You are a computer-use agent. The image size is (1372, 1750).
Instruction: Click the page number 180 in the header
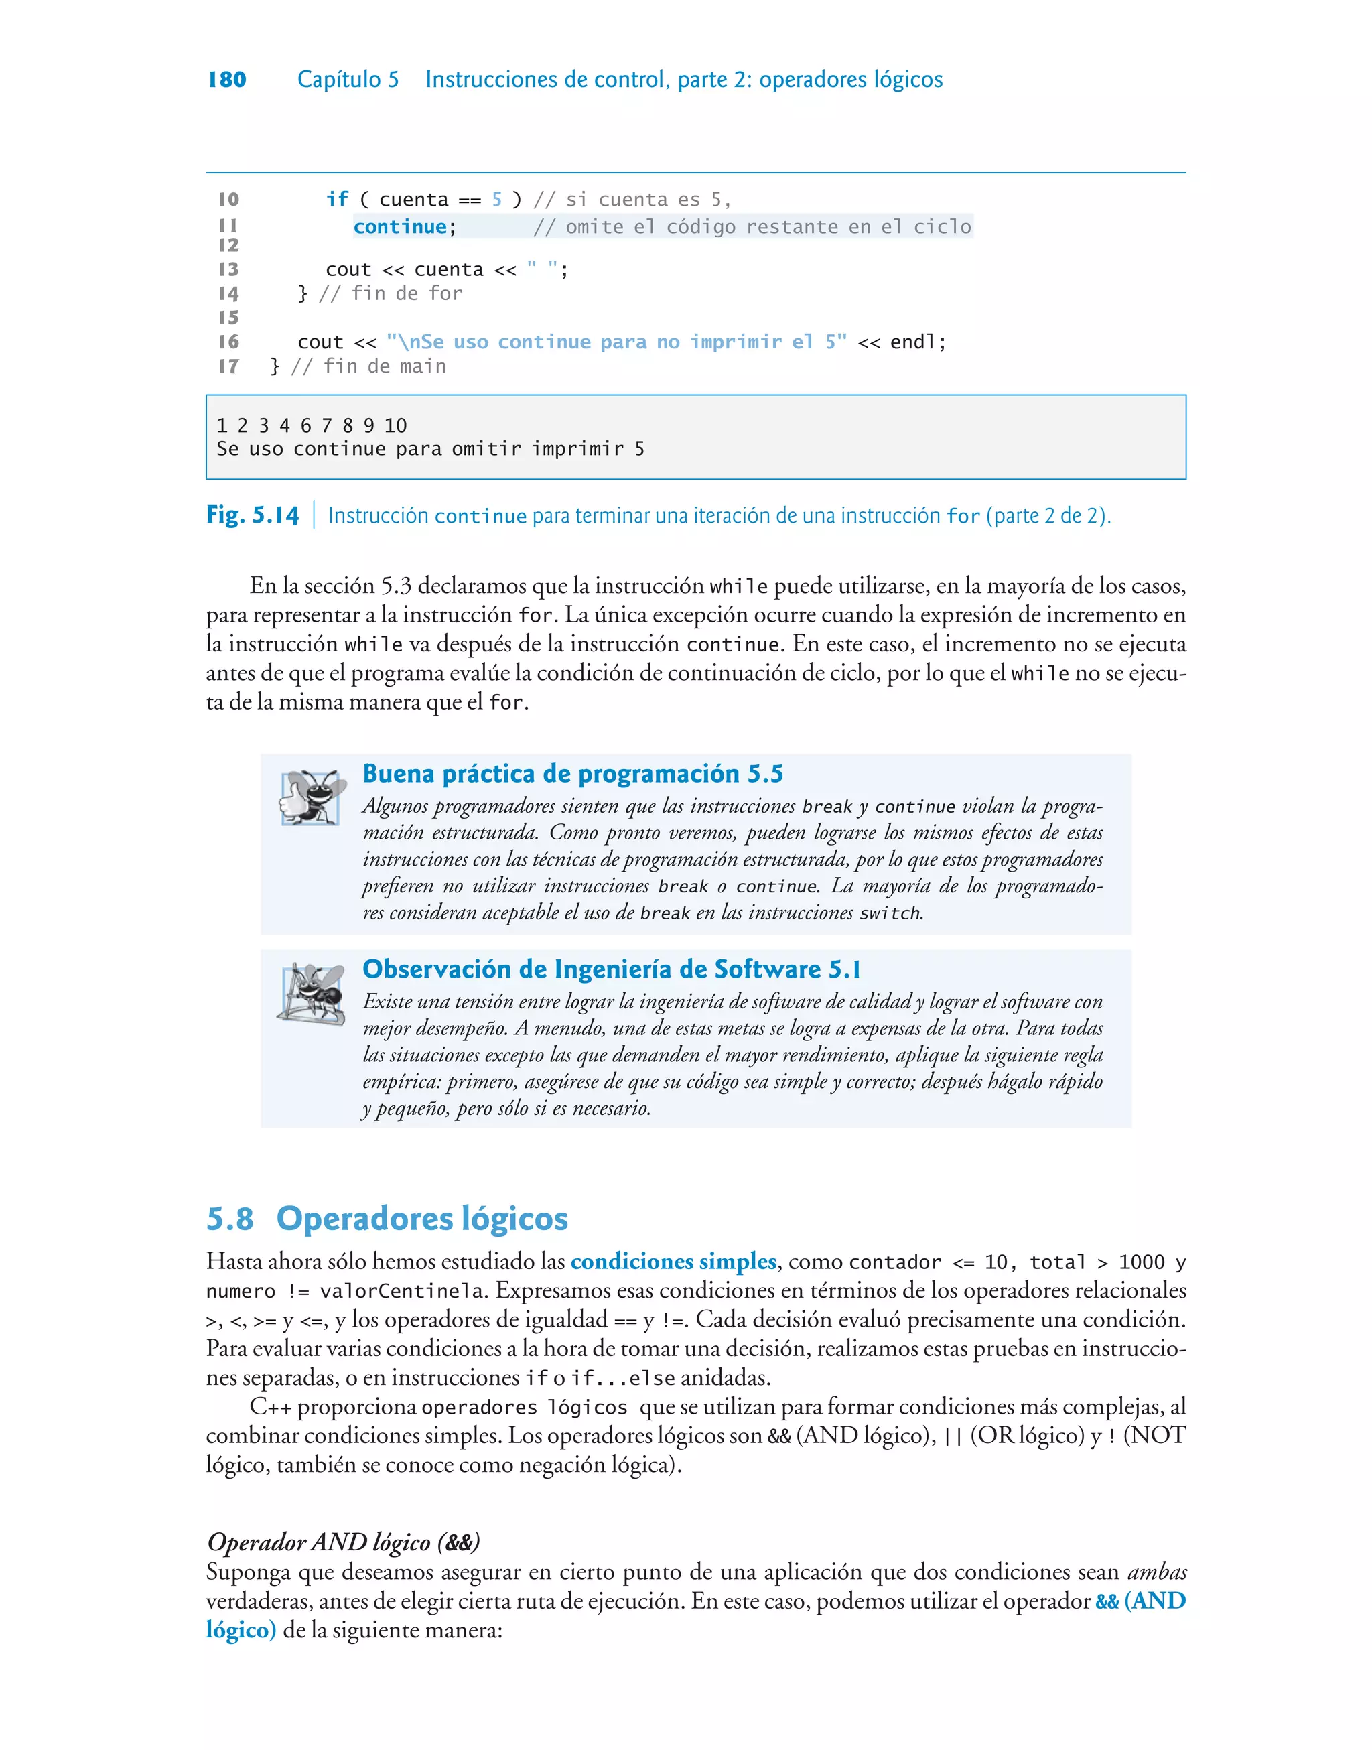(226, 80)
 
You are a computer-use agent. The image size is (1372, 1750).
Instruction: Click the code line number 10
(229, 199)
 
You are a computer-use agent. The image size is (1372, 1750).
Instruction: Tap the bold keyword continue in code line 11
(400, 227)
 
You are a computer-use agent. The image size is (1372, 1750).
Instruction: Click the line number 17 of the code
(229, 366)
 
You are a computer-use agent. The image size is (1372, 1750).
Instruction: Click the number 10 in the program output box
(395, 425)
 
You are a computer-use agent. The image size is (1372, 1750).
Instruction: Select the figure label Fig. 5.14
(253, 515)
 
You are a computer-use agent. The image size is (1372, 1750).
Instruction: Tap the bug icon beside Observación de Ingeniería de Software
(312, 994)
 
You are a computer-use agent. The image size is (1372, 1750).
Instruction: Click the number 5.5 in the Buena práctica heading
(765, 775)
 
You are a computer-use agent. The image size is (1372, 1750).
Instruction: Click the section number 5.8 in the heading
(230, 1218)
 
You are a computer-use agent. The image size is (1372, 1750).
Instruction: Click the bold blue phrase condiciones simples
(673, 1262)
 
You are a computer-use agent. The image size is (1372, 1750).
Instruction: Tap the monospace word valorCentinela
(402, 1292)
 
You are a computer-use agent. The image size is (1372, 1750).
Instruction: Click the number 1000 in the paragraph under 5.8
(1141, 1262)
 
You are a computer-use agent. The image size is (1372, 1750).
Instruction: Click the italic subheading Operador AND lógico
(343, 1542)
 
